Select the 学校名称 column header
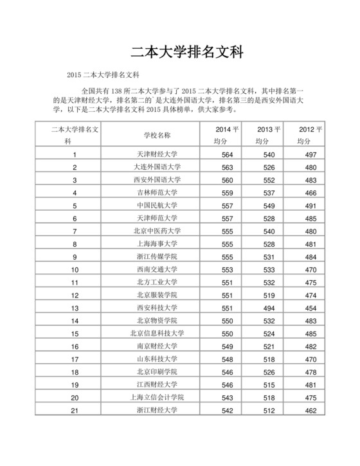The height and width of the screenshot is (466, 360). pyautogui.click(x=157, y=135)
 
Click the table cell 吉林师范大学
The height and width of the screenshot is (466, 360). pyautogui.click(x=157, y=192)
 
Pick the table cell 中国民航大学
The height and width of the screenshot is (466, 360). pyautogui.click(x=157, y=205)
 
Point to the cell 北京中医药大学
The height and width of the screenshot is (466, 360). pyautogui.click(x=157, y=231)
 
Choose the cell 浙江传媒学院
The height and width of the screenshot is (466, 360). pyautogui.click(x=157, y=256)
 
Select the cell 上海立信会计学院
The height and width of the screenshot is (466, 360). pyautogui.click(x=157, y=398)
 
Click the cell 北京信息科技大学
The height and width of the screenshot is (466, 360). pyautogui.click(x=157, y=334)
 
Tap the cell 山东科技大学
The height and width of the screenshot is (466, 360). pyautogui.click(x=157, y=359)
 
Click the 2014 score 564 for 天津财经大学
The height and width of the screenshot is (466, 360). pyautogui.click(x=227, y=154)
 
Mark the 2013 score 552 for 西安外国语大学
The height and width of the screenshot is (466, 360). pyautogui.click(x=269, y=179)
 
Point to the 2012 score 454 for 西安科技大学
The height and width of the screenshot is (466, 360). pyautogui.click(x=310, y=308)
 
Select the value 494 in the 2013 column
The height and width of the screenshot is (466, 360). pyautogui.click(x=269, y=308)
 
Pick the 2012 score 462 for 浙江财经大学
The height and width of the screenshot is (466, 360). pyautogui.click(x=310, y=411)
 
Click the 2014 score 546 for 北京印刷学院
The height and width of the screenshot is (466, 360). pyautogui.click(x=227, y=372)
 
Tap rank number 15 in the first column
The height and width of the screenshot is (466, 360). pyautogui.click(x=75, y=334)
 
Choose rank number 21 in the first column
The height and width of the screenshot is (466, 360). pyautogui.click(x=75, y=411)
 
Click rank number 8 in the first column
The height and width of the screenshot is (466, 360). pyautogui.click(x=75, y=244)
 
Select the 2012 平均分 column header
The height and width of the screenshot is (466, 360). pyautogui.click(x=310, y=135)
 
